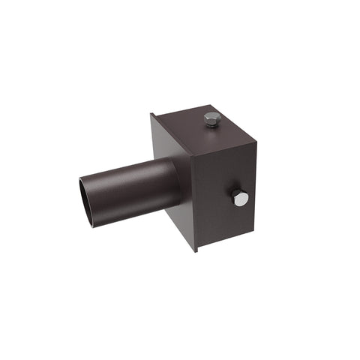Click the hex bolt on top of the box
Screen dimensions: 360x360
tap(212, 118)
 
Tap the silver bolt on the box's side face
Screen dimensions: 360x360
tap(239, 198)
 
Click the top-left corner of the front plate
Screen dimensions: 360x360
tap(151, 114)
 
